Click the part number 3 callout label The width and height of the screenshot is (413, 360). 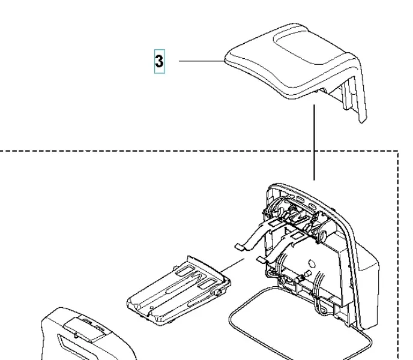click(159, 61)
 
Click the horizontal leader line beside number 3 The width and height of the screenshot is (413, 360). click(202, 61)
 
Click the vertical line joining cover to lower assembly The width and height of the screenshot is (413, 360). click(314, 142)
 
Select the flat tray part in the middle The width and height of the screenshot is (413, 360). click(179, 290)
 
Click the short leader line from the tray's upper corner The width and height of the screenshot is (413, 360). click(232, 265)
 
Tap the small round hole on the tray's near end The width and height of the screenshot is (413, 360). click(151, 307)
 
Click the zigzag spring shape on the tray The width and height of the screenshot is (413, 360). click(196, 278)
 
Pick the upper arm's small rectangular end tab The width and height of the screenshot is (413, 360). click(240, 247)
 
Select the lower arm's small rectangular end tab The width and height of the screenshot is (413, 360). click(262, 260)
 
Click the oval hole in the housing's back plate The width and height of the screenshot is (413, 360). click(312, 263)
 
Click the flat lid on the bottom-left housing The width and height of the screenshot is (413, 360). click(84, 330)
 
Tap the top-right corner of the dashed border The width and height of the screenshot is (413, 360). click(398, 151)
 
